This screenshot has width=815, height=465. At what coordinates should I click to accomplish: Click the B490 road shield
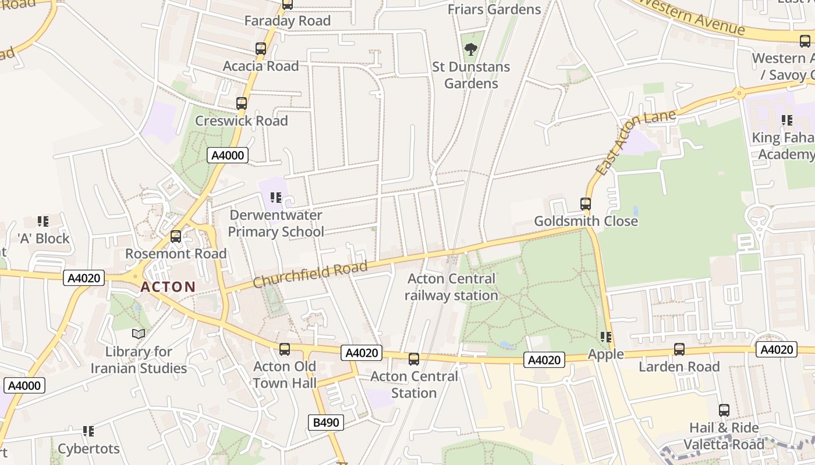[326, 423]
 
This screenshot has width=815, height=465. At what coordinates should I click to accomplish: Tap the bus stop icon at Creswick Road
[242, 103]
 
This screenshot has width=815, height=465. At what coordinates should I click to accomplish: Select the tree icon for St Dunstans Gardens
[471, 49]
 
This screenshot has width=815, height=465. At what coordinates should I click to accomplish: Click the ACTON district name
[168, 287]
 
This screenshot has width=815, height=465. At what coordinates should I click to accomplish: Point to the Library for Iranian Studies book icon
[139, 334]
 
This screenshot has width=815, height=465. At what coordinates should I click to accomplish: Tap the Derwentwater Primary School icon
[276, 198]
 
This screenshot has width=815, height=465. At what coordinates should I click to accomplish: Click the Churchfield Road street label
[310, 274]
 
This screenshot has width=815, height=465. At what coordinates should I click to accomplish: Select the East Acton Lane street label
[636, 142]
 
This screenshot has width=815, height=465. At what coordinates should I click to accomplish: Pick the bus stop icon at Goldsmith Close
[586, 204]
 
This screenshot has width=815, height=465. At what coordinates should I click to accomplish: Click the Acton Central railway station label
[452, 287]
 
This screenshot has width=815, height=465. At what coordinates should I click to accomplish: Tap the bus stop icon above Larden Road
[679, 349]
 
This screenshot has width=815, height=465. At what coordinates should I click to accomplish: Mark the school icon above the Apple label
[606, 337]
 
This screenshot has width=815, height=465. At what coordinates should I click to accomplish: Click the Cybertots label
[88, 449]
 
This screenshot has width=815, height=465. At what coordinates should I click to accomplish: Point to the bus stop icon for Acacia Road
[261, 49]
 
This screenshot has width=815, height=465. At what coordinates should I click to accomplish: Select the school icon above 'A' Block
[43, 221]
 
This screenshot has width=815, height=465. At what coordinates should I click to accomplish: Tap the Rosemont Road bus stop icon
[176, 237]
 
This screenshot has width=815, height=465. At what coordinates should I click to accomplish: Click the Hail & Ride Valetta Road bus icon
[724, 410]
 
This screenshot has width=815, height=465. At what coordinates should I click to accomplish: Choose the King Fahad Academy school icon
[787, 120]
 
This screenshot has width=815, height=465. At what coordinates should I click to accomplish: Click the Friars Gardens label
[494, 9]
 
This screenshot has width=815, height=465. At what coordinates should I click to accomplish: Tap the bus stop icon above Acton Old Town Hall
[285, 349]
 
